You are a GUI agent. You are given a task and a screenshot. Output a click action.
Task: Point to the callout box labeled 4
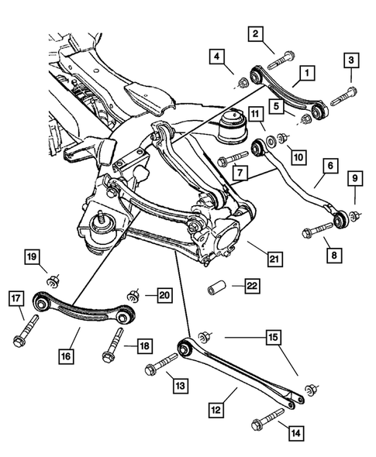pyautogui.click(x=217, y=56)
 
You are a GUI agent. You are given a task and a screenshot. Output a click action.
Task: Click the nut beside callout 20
pyautogui.click(x=133, y=295)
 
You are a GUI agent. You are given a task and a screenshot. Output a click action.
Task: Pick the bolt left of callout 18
pyautogui.click(x=114, y=344)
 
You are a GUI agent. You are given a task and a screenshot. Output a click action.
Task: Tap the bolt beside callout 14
pyautogui.click(x=264, y=424)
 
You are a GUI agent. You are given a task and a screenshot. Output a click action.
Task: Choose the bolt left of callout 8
pyautogui.click(x=310, y=230)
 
